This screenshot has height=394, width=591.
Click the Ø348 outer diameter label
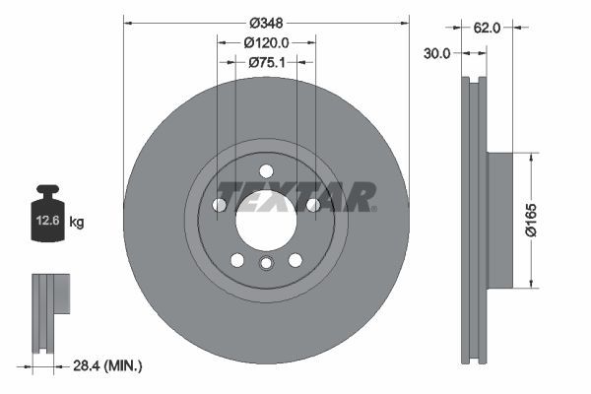266,21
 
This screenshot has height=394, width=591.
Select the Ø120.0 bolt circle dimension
266,42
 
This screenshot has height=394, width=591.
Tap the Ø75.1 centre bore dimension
266,62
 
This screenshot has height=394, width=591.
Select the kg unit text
77,223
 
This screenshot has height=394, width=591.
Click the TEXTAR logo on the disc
295,197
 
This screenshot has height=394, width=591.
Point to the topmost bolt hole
265,168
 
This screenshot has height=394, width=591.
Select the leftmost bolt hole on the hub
219,205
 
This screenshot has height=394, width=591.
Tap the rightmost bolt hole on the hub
312,205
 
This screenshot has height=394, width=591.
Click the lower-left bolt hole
236,259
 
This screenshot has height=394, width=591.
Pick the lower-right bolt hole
295,259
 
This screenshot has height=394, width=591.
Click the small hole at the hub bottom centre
265,263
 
